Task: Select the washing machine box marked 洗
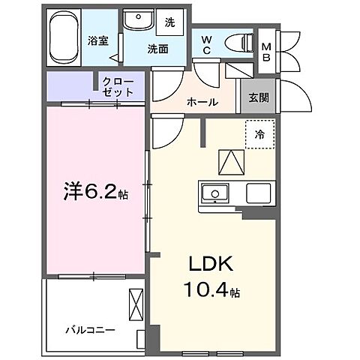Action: (169, 22)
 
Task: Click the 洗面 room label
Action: (157, 49)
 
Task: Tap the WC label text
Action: (205, 46)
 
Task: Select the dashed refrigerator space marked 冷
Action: (259, 136)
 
